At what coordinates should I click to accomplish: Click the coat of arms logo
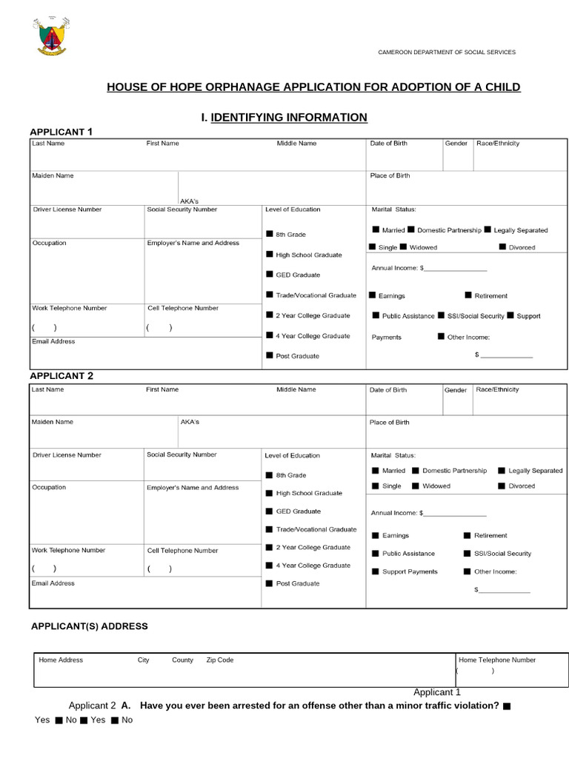tap(50, 37)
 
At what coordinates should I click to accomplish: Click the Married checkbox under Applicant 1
tap(376, 230)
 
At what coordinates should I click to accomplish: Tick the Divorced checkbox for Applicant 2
tap(502, 486)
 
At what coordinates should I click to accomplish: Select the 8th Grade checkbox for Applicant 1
tap(269, 235)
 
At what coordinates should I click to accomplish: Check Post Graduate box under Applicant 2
tap(269, 583)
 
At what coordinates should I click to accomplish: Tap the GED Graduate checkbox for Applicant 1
tap(269, 275)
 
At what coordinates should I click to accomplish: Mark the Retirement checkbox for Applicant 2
tap(467, 535)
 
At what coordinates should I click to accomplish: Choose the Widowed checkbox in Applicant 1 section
tap(403, 247)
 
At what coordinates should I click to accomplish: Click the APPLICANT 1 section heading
tap(61, 133)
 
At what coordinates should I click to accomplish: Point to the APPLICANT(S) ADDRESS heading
tap(89, 626)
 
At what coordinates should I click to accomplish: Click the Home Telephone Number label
tap(497, 660)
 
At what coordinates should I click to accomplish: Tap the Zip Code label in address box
tap(219, 660)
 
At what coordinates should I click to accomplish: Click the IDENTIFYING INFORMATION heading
tap(289, 117)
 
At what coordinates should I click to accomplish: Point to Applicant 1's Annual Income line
tap(453, 268)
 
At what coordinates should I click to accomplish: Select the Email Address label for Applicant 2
tap(53, 583)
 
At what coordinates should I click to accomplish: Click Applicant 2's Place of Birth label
tap(390, 423)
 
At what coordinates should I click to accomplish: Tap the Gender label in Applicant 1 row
tap(456, 144)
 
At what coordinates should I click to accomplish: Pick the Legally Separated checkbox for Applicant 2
tap(502, 471)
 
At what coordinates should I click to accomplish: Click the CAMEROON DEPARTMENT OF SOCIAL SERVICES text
tap(447, 53)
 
